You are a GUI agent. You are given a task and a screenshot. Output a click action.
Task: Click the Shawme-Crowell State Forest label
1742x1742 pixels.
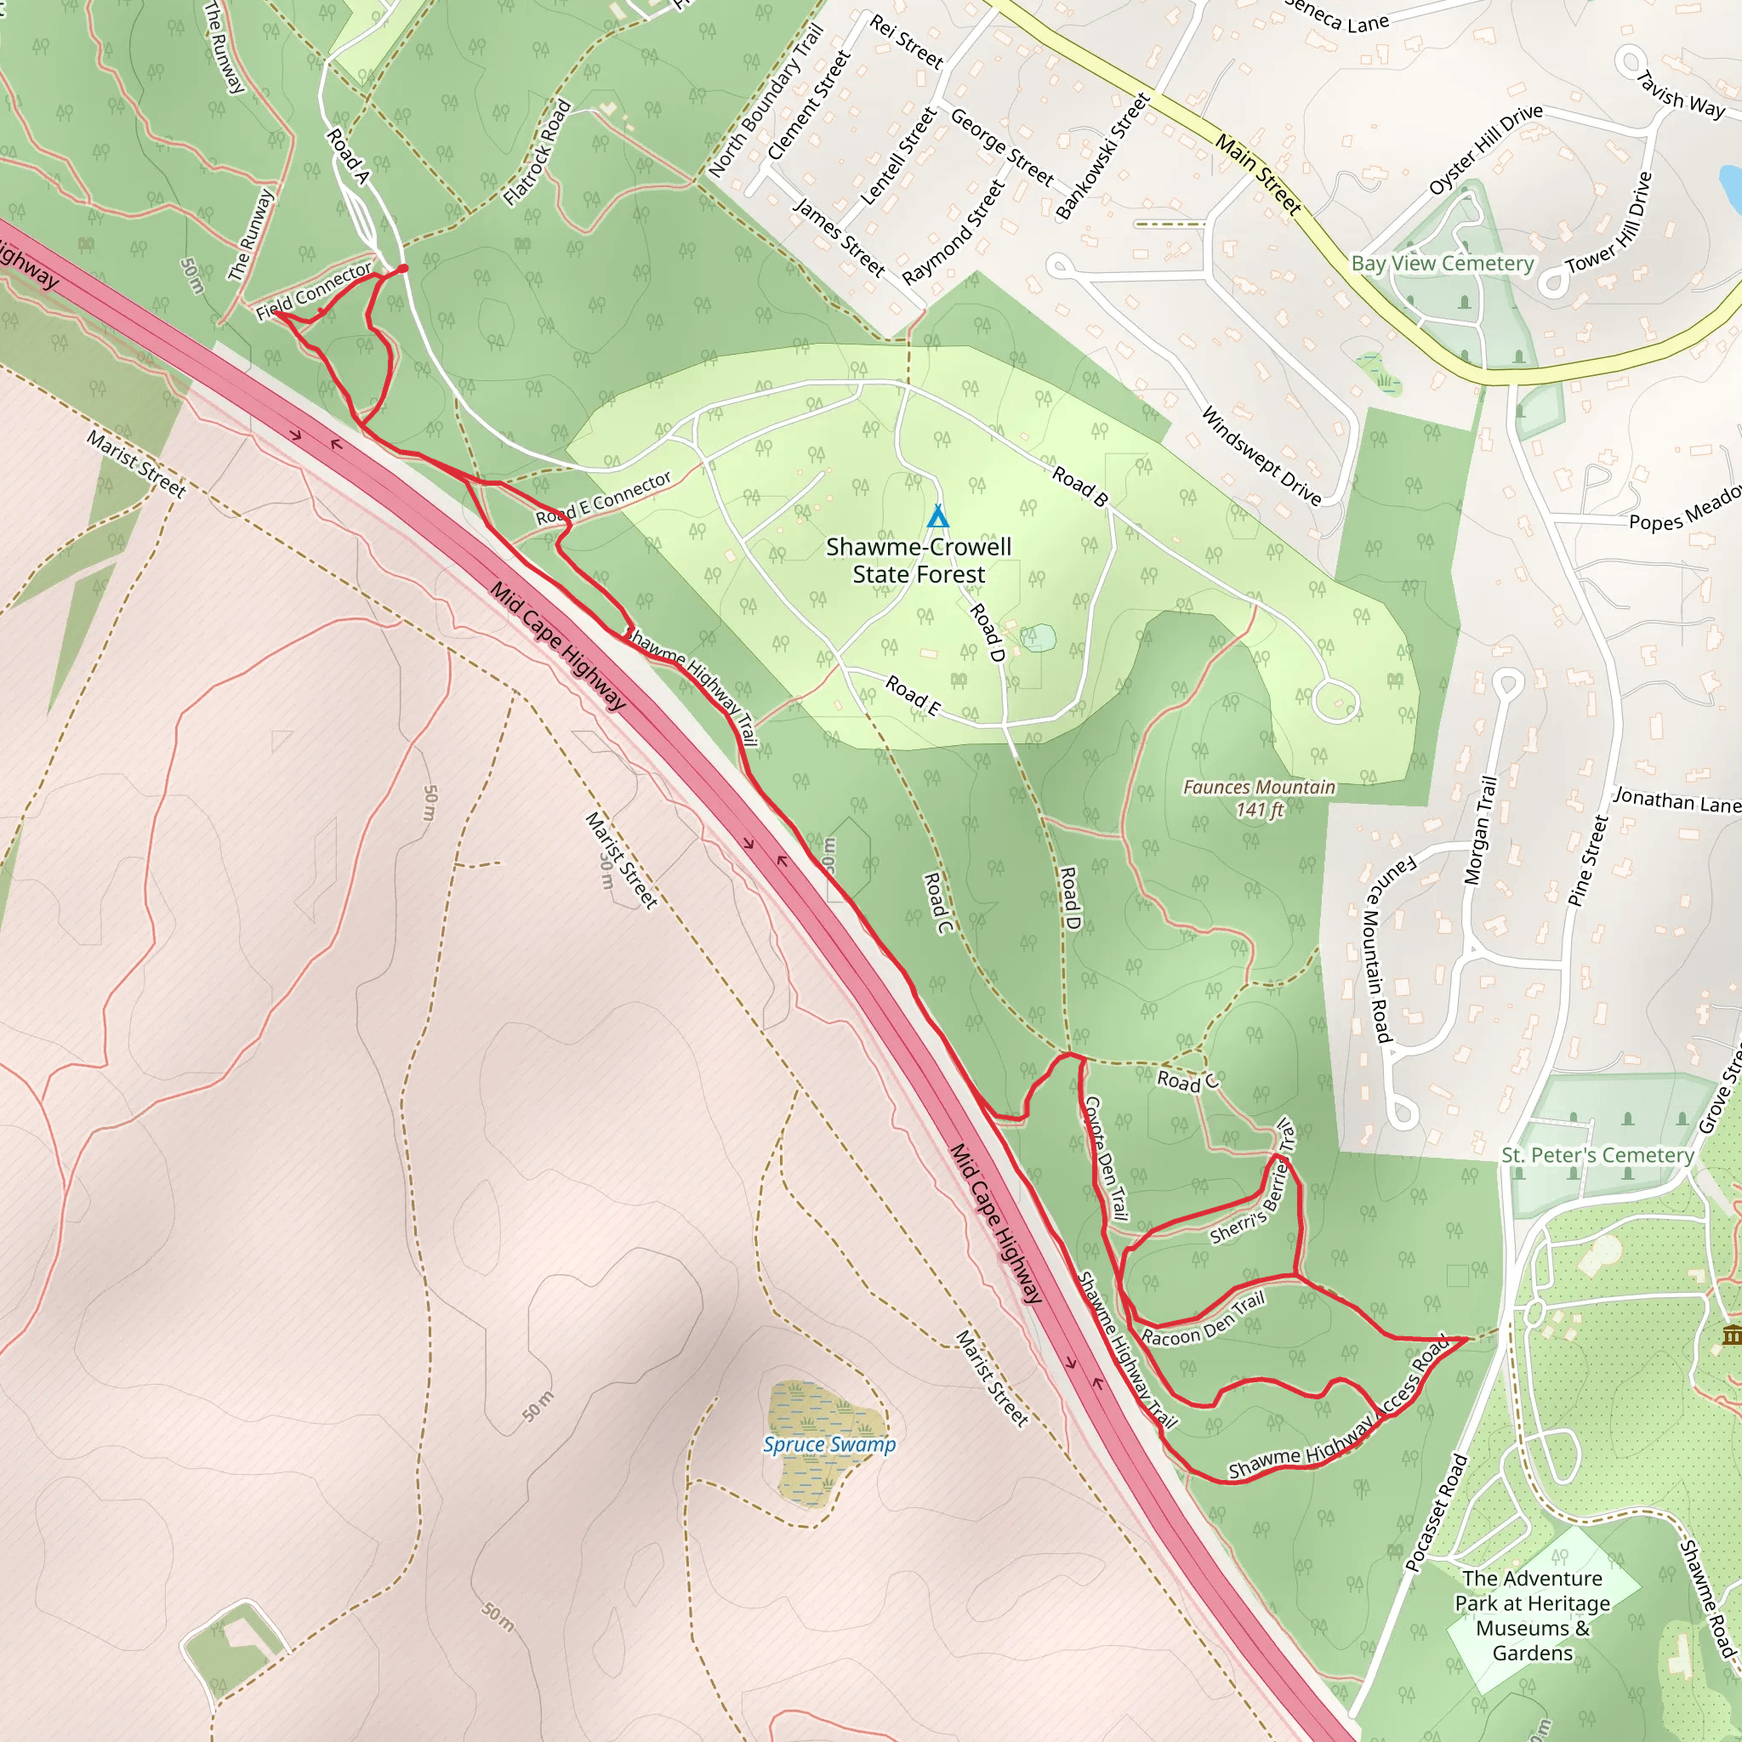[919, 560]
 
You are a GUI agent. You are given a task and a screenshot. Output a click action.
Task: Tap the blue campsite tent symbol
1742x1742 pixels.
[937, 516]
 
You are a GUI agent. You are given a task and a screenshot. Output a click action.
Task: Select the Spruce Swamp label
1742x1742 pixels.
[828, 1444]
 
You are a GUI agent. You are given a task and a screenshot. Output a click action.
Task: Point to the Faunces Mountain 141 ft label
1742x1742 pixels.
[1259, 798]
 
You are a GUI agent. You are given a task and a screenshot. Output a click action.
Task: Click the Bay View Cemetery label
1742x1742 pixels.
[1442, 264]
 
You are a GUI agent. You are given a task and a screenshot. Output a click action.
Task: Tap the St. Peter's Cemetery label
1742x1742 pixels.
[1597, 1155]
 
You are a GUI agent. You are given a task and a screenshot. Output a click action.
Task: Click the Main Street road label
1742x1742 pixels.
[1258, 174]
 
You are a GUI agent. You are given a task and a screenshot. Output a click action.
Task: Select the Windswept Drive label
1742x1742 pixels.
[1261, 455]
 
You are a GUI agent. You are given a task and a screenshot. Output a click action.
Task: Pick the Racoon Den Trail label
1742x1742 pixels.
[1203, 1319]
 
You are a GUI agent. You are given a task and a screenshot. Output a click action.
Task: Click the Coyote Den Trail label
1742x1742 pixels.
[1107, 1158]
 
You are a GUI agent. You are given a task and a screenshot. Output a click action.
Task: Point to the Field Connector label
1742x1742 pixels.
[314, 290]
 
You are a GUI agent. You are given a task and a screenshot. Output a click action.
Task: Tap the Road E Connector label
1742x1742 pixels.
[603, 498]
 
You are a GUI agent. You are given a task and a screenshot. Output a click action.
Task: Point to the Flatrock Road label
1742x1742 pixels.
[538, 152]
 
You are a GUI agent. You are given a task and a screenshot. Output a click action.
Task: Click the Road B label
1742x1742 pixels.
[1079, 487]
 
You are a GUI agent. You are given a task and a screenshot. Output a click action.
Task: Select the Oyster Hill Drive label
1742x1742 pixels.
[1485, 150]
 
